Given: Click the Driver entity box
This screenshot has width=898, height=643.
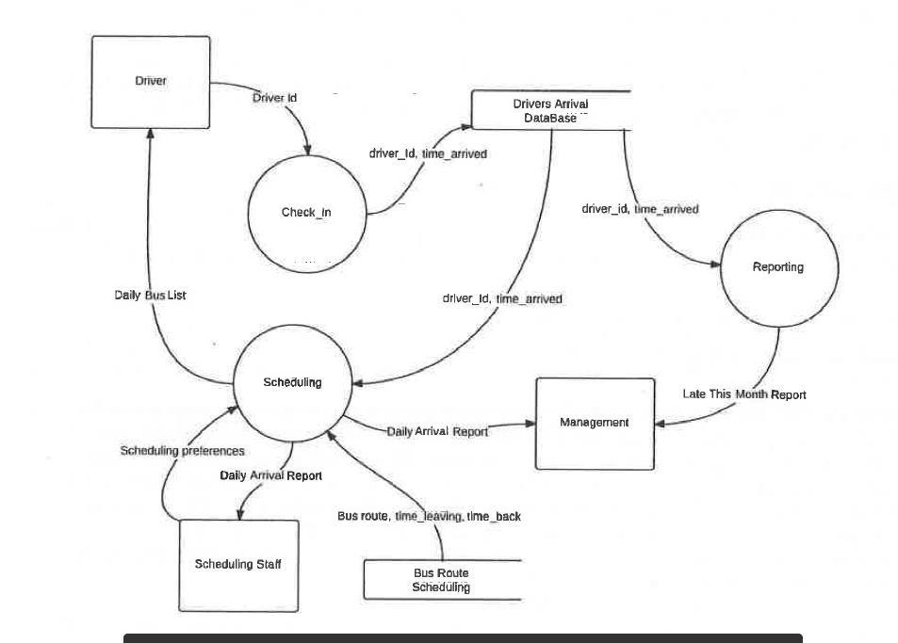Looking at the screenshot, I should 151,82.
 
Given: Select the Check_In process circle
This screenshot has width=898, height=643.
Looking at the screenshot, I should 306,212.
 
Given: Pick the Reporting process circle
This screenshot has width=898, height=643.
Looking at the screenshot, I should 778,267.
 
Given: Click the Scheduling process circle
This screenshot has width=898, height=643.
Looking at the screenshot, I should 291,382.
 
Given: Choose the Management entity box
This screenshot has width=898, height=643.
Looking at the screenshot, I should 595,423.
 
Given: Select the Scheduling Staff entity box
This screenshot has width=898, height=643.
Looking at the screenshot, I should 237,565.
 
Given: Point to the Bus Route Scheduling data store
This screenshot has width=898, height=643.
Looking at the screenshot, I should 441,580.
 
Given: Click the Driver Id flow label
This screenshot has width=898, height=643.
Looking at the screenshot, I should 275,98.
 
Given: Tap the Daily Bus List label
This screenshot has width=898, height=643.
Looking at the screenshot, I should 150,296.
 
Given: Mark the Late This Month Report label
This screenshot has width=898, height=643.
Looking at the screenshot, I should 744,394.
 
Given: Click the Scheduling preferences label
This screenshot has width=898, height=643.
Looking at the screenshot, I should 182,451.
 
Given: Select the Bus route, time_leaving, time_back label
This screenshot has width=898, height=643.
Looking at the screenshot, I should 429,516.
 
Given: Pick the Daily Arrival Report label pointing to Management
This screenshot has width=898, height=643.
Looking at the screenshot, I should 437,431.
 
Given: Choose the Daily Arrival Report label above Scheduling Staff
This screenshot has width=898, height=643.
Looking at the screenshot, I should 270,475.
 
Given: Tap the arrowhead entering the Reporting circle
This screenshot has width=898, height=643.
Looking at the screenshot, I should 716,265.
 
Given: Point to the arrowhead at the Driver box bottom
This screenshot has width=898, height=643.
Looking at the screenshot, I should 151,134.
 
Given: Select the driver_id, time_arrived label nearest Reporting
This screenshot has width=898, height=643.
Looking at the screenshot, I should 640,209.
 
